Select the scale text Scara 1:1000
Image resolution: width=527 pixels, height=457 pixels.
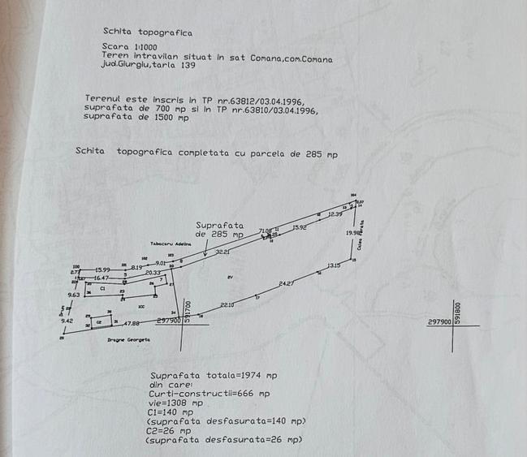click(130, 47)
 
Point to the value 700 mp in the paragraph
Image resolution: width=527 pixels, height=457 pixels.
click(162, 107)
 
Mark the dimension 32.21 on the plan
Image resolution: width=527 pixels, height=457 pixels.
click(222, 252)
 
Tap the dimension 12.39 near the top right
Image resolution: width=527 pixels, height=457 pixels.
click(335, 213)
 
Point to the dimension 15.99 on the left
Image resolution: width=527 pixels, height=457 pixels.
click(102, 269)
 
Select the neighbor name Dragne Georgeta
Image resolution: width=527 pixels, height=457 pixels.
click(127, 340)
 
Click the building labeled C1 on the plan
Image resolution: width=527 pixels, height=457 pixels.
click(103, 288)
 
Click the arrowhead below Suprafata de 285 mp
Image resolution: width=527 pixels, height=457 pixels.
click(205, 254)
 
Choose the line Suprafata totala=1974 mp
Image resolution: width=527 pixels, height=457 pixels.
click(213, 375)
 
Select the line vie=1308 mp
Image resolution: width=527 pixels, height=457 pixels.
click(179, 402)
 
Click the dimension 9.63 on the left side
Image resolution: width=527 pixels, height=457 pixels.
click(74, 295)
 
